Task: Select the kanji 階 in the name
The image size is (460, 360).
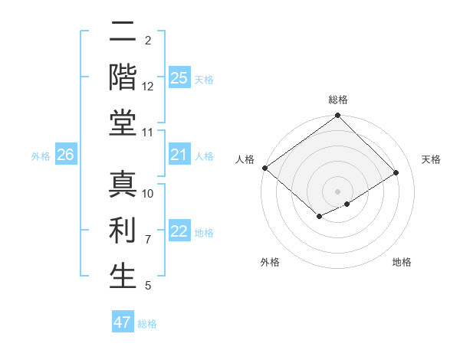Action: point(123,76)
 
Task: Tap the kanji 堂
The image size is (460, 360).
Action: point(123,123)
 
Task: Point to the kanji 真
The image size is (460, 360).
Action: point(123,184)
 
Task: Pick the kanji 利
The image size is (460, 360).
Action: point(123,230)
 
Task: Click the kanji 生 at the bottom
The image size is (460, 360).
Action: point(123,276)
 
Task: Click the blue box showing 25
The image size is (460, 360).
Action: point(179,78)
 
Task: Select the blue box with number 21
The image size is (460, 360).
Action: point(179,155)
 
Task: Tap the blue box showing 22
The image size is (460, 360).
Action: point(179,232)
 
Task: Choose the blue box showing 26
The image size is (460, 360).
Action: point(65,155)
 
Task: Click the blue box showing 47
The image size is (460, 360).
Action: point(123,322)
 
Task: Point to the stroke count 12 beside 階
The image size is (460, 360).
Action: point(148,87)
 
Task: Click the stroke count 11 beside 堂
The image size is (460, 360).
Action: point(148,133)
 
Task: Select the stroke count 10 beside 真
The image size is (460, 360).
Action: point(148,194)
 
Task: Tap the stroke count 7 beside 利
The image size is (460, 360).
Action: point(148,240)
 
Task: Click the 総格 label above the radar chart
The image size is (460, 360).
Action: point(338,100)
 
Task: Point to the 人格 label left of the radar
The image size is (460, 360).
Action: point(245,159)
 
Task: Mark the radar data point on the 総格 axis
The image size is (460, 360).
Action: point(338,116)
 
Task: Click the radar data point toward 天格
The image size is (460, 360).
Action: point(396,173)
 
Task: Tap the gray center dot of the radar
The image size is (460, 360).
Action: point(338,191)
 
